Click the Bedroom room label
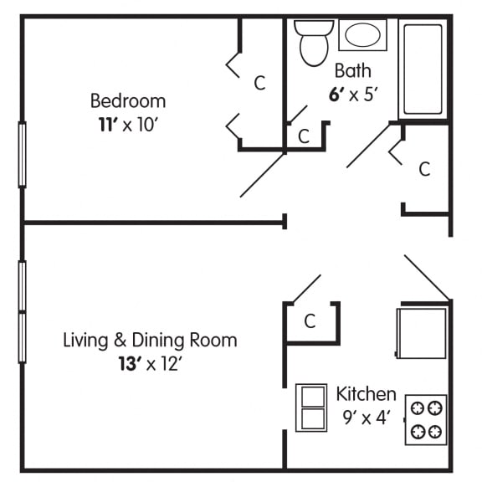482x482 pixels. [x=128, y=101]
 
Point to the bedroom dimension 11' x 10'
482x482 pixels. [x=128, y=126]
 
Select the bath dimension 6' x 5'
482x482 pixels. [x=354, y=94]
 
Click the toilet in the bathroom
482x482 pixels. [x=314, y=43]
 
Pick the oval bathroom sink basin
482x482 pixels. [x=361, y=36]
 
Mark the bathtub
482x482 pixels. [x=423, y=69]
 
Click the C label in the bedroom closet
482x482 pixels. [x=259, y=82]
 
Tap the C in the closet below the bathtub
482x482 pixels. [x=424, y=169]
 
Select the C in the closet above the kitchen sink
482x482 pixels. [x=310, y=321]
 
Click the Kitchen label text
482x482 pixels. [x=366, y=393]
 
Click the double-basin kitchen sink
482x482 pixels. [x=312, y=408]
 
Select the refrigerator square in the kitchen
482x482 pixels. [x=422, y=331]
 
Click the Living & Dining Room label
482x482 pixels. [x=150, y=341]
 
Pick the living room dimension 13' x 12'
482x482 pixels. [x=150, y=364]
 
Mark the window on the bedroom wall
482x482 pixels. [x=23, y=154]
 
